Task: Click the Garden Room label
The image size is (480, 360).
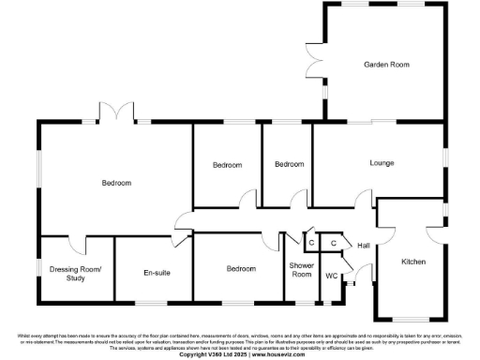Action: (x=386, y=64)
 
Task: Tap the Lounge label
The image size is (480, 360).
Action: (x=382, y=163)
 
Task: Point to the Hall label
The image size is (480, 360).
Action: (x=365, y=246)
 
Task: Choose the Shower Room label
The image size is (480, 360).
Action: (x=301, y=269)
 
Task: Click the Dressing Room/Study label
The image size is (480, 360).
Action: (x=75, y=273)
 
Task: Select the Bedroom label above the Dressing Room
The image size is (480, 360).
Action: (x=116, y=183)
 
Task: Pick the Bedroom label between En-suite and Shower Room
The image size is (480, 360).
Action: (x=241, y=269)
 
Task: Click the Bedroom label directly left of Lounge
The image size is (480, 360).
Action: (x=289, y=164)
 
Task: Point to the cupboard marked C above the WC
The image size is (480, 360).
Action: (x=333, y=243)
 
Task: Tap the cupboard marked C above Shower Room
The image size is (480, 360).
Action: (x=309, y=243)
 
